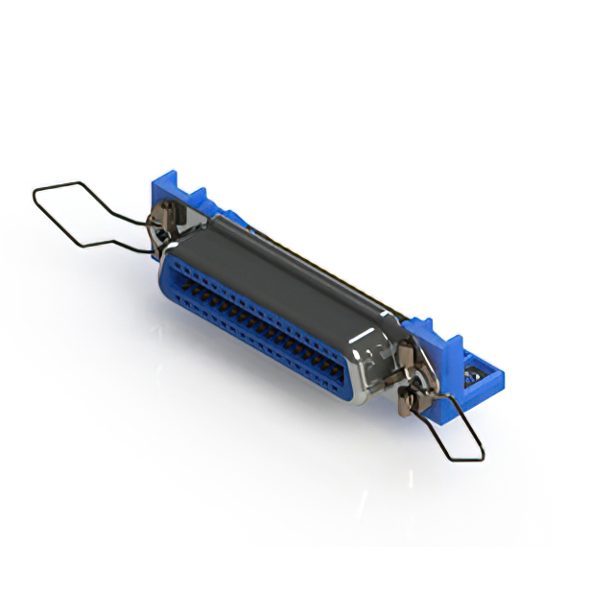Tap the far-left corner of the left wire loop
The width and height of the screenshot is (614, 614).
34,198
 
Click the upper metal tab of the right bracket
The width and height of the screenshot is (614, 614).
407,355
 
